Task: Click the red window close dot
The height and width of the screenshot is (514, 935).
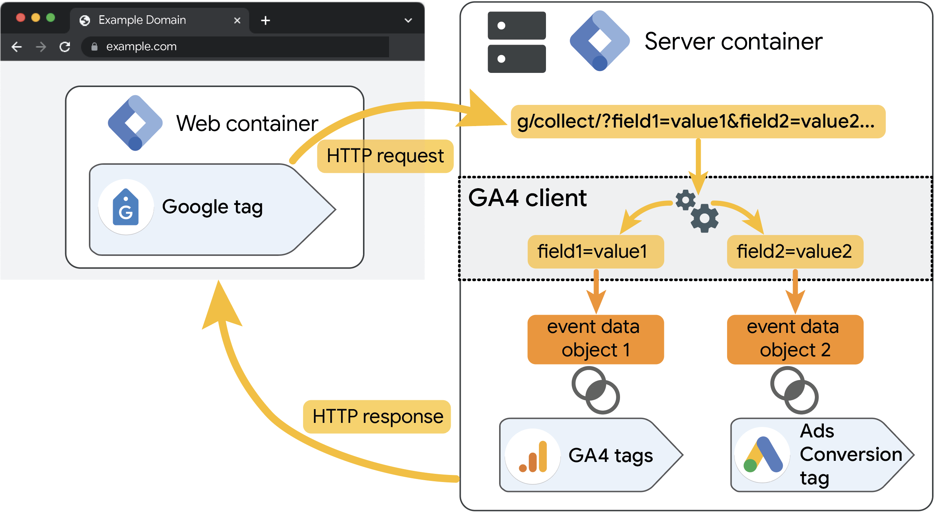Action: pos(21,18)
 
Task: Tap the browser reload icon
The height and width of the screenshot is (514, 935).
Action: pos(65,47)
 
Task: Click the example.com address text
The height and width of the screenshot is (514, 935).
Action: pos(141,47)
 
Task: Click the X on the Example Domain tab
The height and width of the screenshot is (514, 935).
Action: pos(237,20)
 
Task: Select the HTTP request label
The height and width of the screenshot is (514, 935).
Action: pos(385,156)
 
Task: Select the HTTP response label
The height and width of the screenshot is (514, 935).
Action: pos(377,417)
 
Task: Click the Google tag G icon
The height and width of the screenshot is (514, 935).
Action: pos(126,208)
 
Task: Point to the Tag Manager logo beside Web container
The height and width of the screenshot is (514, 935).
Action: pos(135,123)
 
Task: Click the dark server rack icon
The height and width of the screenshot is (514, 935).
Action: pos(517,42)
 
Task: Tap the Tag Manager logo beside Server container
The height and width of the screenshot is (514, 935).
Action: pos(600,41)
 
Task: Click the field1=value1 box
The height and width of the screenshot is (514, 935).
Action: pos(595,252)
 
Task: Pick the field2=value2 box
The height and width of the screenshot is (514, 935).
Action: pos(795,252)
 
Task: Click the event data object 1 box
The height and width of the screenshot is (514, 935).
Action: pos(595,339)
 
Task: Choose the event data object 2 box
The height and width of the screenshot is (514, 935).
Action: pos(795,339)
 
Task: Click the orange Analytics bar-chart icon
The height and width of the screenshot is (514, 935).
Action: pos(533,457)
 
